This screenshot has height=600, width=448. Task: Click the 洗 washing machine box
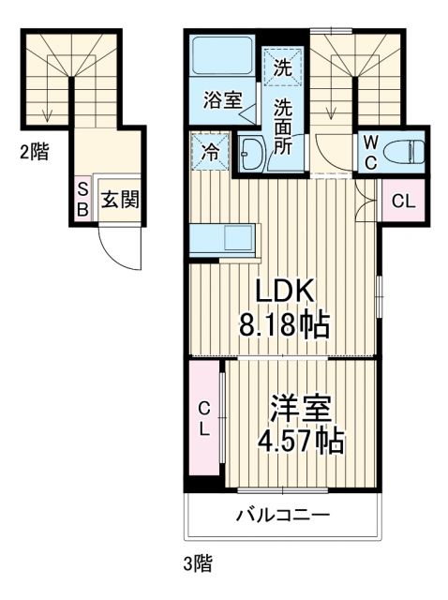[x=282, y=66]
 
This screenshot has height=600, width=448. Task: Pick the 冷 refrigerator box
[x=210, y=151]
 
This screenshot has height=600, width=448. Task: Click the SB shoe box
[x=82, y=201]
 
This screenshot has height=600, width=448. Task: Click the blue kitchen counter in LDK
[x=221, y=240]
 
